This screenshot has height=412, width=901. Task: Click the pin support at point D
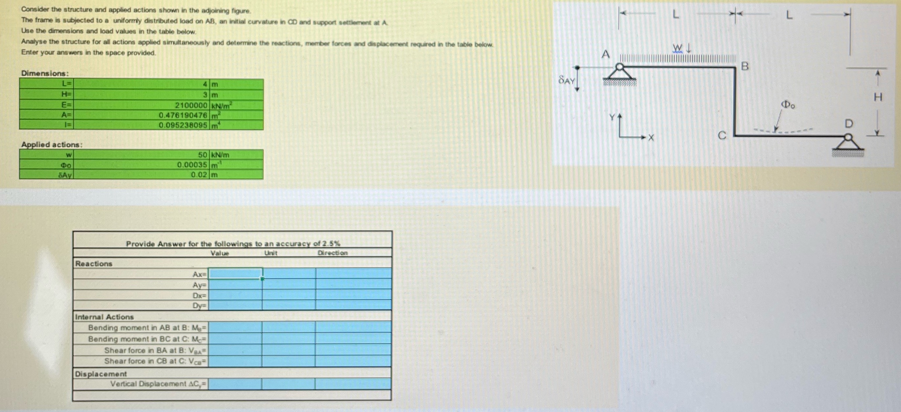click(848, 143)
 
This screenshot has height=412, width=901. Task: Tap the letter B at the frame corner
click(745, 66)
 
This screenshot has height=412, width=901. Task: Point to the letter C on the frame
click(722, 135)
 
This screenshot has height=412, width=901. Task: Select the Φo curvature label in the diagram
click(788, 105)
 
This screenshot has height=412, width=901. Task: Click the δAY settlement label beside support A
click(566, 80)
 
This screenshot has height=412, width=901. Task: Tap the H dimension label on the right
click(878, 97)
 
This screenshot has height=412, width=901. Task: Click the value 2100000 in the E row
click(191, 105)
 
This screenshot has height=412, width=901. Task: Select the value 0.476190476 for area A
click(183, 115)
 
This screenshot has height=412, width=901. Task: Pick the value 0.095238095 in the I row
click(183, 125)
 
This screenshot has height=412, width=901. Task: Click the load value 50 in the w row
click(203, 155)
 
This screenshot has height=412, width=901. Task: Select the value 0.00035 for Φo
click(192, 165)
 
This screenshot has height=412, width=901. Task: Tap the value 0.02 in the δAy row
click(199, 175)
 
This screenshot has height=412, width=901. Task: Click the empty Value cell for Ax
click(235, 274)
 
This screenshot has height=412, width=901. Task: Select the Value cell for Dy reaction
click(235, 305)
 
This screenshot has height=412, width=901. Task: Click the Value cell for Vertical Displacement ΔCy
click(235, 384)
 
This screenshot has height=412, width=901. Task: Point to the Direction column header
click(332, 253)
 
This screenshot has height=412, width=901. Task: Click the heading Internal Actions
click(104, 317)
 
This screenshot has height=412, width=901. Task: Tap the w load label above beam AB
click(677, 48)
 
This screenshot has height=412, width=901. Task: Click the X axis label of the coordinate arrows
click(650, 138)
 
